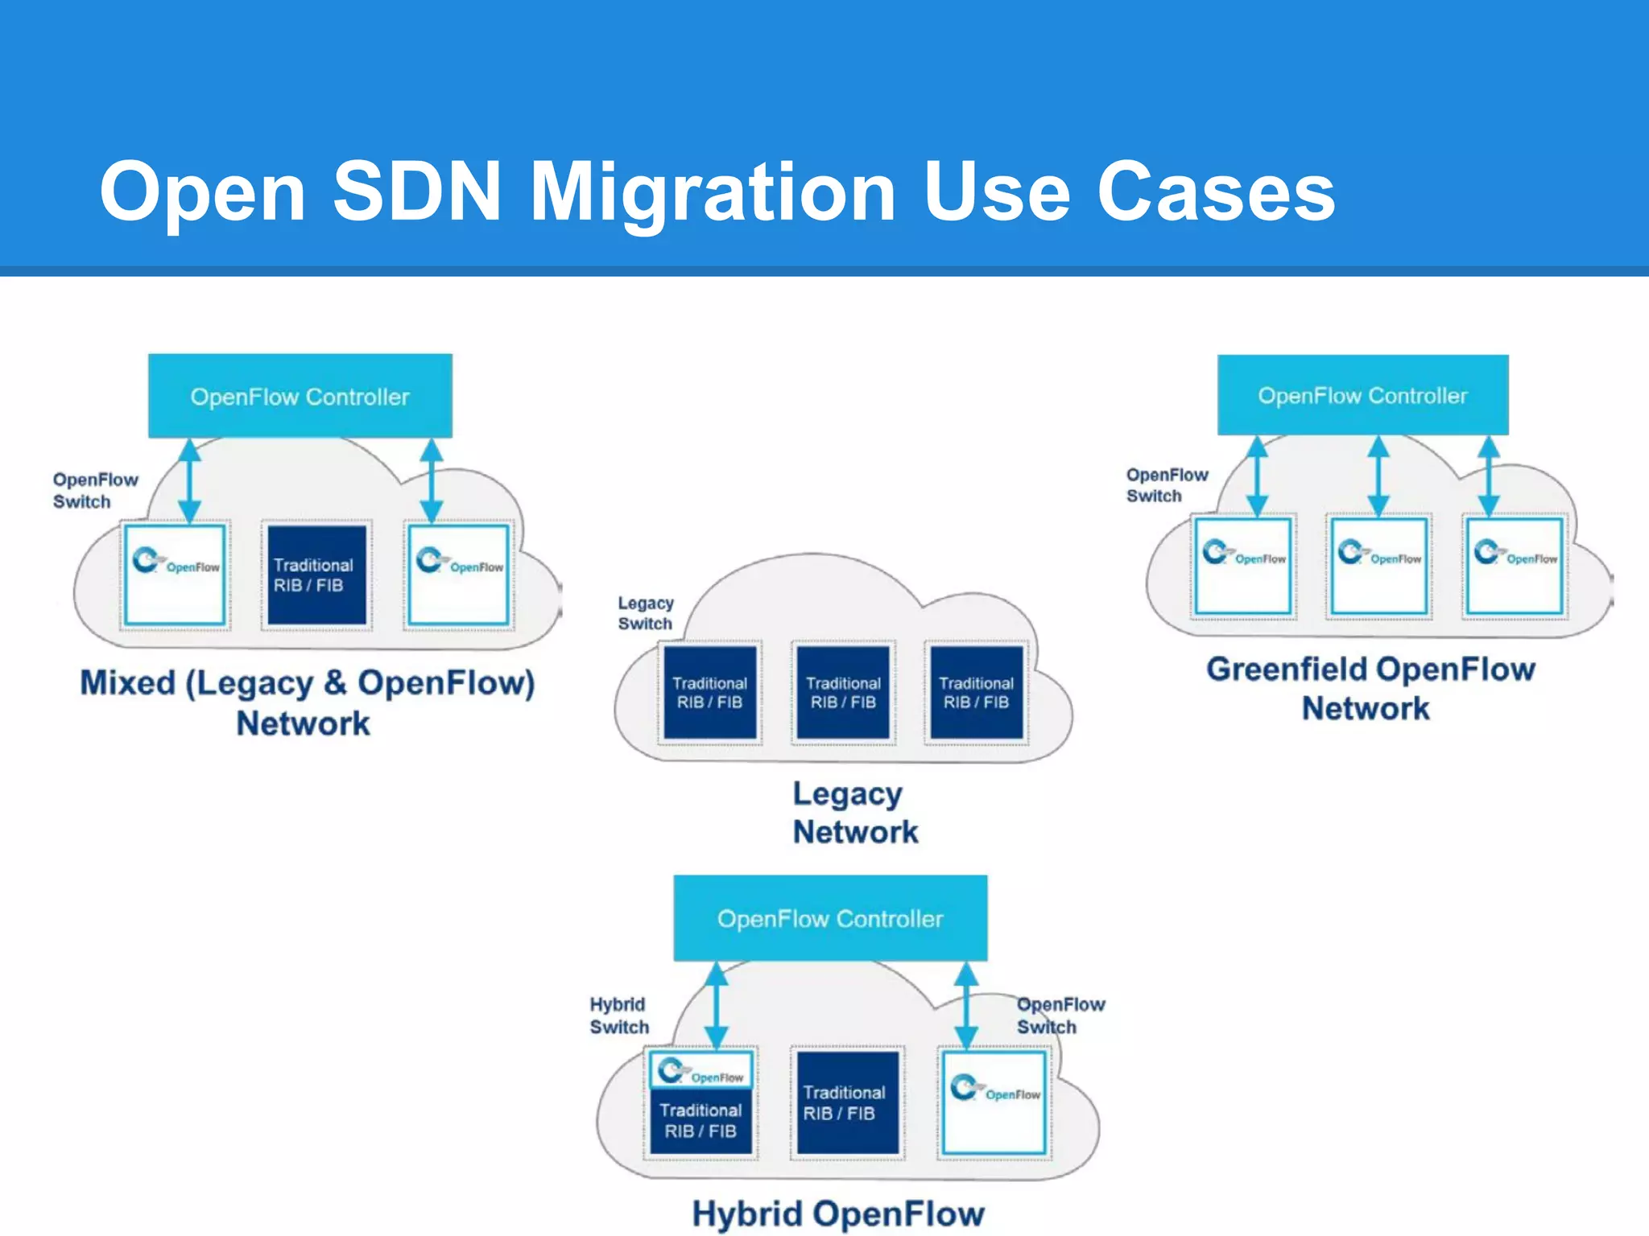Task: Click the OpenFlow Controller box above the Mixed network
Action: (300, 396)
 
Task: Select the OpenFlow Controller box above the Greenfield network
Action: (1362, 395)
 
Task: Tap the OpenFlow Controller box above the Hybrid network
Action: (830, 918)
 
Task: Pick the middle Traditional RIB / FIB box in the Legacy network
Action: (843, 692)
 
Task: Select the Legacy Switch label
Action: (645, 613)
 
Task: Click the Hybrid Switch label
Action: (618, 1016)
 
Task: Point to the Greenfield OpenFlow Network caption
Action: (1370, 688)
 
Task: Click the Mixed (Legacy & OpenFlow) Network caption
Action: (306, 702)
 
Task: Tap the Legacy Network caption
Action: (854, 813)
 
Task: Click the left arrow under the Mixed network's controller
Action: (189, 480)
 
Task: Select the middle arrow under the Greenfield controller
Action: (1378, 476)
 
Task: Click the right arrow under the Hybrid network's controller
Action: (965, 1005)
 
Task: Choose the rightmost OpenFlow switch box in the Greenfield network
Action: (1515, 566)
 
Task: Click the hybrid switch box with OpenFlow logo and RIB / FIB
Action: (701, 1102)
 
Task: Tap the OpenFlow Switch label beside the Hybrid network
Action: (1060, 1016)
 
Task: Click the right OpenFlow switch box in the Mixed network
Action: (458, 575)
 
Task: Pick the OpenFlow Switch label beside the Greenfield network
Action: (1166, 485)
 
